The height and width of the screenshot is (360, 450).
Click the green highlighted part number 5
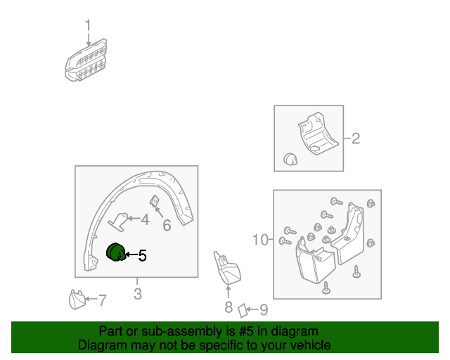coord(116,252)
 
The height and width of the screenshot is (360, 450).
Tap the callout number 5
coord(142,255)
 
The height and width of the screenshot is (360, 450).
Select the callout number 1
coord(88,25)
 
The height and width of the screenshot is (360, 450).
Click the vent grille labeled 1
coord(86,60)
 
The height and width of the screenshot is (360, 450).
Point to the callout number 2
coord(356,139)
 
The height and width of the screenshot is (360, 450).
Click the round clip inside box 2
coord(290,159)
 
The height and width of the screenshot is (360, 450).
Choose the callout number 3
coord(138,294)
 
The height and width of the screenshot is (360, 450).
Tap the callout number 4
coord(145,219)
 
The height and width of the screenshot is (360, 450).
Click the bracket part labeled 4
coord(118,221)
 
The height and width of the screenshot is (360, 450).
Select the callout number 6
coord(167,226)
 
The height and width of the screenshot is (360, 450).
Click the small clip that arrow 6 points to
coord(155,201)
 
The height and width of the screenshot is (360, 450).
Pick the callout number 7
coord(103,300)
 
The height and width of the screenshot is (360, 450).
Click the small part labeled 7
coord(77,300)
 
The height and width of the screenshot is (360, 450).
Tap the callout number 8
coord(229,307)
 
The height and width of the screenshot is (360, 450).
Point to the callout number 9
coord(264,309)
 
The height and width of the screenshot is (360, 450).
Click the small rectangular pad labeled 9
coord(243,311)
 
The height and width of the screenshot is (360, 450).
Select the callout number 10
coord(260,240)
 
